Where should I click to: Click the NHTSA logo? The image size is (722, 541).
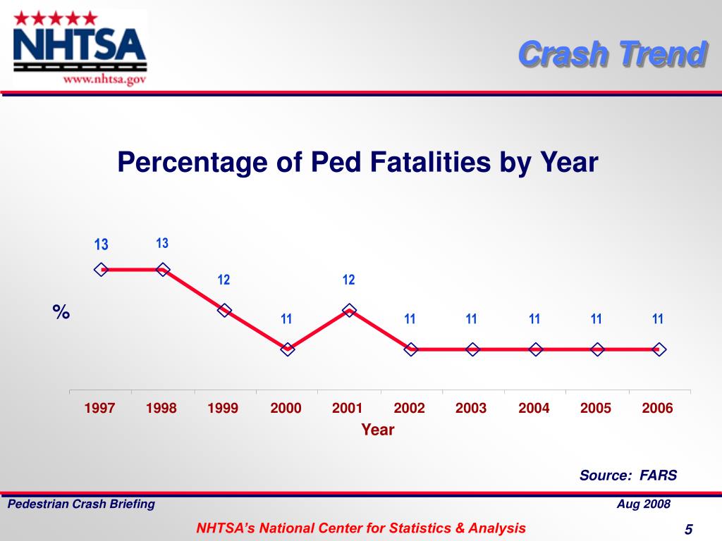(80, 46)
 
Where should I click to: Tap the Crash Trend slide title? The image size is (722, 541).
(612, 54)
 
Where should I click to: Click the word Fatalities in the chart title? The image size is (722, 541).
(424, 163)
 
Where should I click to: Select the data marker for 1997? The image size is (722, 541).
(102, 269)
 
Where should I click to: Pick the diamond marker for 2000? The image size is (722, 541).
(287, 349)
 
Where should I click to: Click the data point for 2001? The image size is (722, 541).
(349, 310)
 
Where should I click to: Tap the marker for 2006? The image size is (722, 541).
(659, 349)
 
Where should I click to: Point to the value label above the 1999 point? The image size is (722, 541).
(224, 280)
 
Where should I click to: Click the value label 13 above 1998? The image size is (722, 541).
(162, 244)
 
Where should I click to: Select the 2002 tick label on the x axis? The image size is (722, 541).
(409, 409)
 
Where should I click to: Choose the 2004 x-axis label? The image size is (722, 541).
(534, 409)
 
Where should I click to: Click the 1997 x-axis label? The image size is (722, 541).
(99, 409)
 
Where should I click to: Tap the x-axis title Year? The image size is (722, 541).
(378, 430)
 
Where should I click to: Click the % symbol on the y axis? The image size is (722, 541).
(61, 312)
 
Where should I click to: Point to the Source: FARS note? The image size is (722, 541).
(628, 475)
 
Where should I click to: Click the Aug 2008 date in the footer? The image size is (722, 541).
(643, 504)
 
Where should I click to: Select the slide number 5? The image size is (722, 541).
(688, 530)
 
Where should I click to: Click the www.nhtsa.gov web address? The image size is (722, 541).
(105, 80)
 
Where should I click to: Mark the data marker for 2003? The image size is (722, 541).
(472, 349)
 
